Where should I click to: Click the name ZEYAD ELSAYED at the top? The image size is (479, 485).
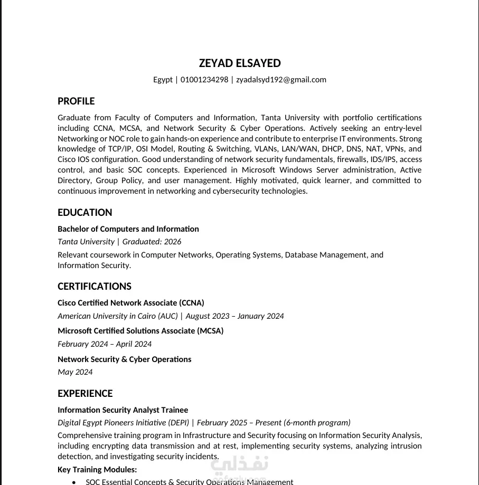(x=240, y=63)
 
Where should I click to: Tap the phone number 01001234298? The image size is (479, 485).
(x=204, y=80)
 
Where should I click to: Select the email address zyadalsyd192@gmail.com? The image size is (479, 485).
(x=281, y=80)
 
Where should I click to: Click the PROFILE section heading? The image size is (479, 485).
(x=76, y=101)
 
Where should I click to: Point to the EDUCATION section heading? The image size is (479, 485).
(x=84, y=213)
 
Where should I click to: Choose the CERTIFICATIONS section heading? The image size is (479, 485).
(x=94, y=287)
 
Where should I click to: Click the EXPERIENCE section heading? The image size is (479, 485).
(x=85, y=394)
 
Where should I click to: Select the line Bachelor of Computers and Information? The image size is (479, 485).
(x=128, y=229)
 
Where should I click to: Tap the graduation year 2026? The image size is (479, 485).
(x=172, y=242)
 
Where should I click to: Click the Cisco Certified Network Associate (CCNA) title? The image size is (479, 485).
(x=130, y=303)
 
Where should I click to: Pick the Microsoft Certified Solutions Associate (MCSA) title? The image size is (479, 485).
(x=140, y=331)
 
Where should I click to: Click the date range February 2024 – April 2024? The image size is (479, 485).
(x=105, y=344)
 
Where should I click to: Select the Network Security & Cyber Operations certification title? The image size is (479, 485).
(x=124, y=359)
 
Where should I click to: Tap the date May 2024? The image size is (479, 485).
(x=75, y=372)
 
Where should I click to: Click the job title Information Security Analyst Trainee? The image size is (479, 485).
(x=123, y=410)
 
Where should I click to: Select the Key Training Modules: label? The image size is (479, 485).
(x=97, y=470)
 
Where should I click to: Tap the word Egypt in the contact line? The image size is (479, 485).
(x=163, y=80)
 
